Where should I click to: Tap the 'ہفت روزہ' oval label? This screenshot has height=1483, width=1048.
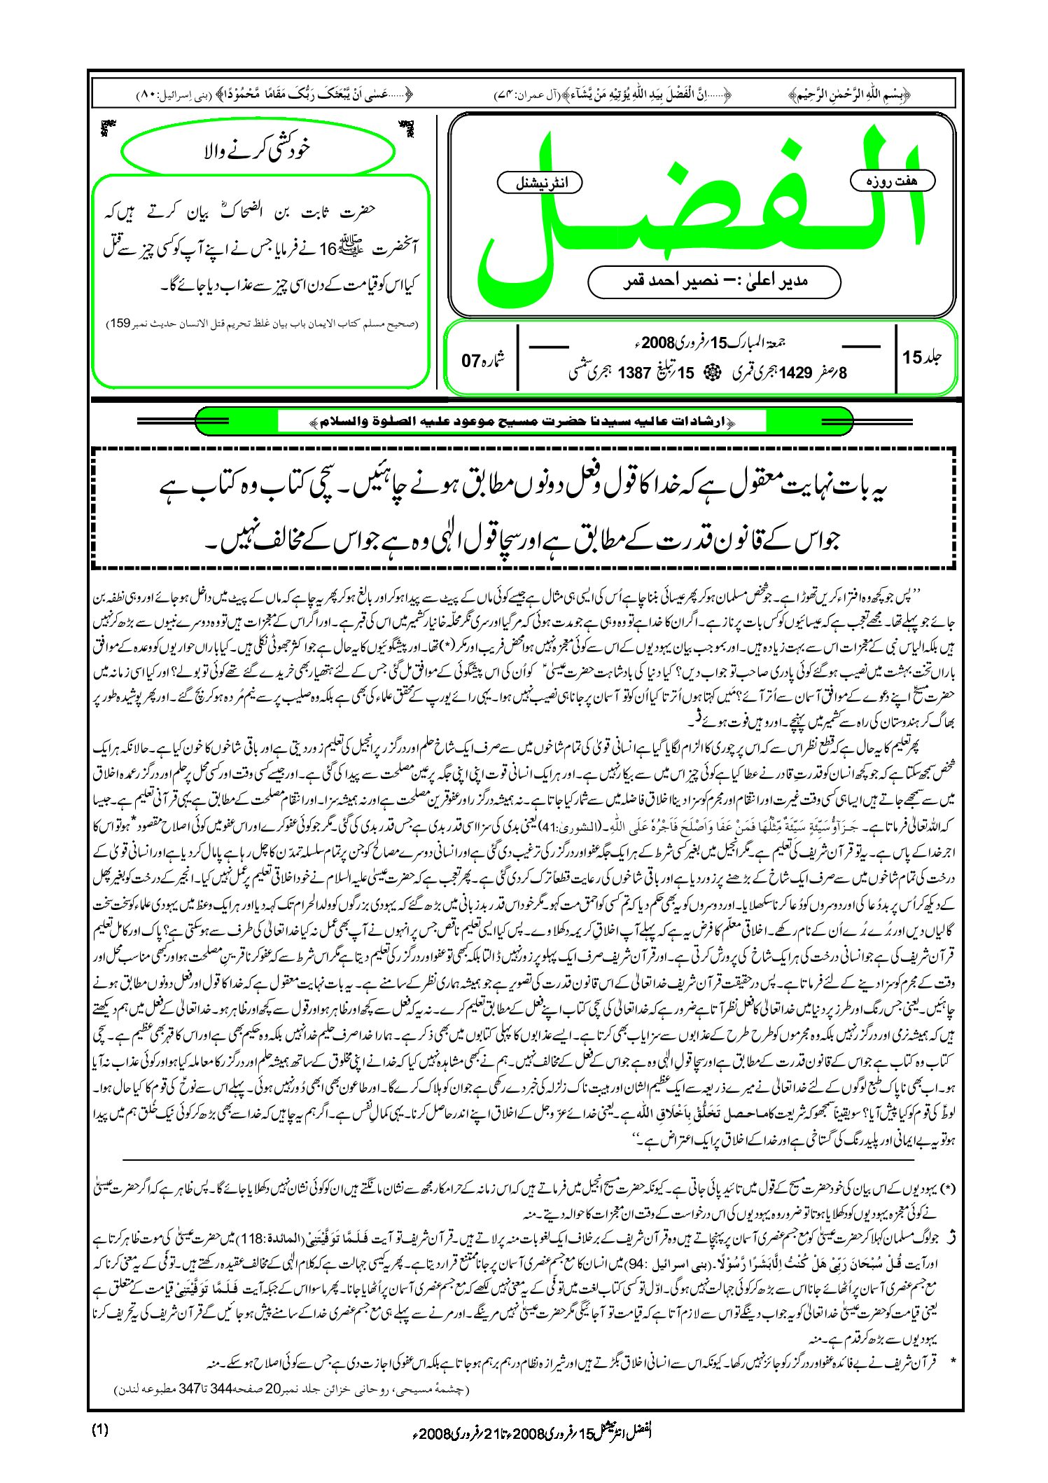892,181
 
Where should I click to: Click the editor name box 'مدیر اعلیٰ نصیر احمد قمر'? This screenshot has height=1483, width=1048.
714,282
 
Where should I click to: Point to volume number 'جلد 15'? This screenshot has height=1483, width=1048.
922,357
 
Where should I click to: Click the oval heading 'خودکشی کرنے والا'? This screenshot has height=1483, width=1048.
256,149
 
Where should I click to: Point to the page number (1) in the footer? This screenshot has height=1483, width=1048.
99,1430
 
